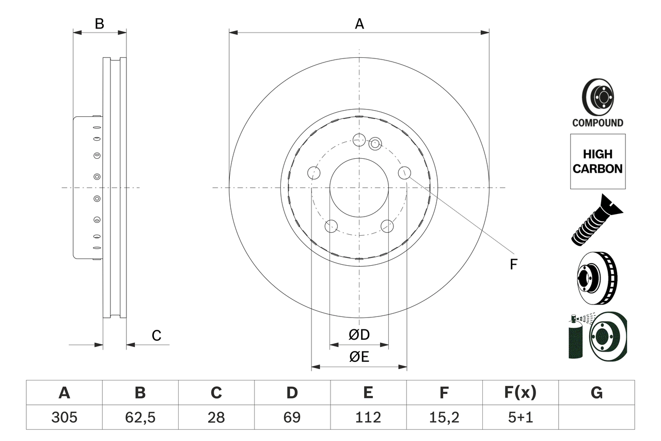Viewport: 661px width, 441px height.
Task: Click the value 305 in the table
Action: click(64, 417)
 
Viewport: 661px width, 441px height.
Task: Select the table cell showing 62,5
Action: click(140, 417)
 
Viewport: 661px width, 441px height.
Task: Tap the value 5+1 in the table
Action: click(521, 417)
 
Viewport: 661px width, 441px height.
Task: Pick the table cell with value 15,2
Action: click(444, 417)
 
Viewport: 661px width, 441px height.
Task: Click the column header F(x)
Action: click(521, 393)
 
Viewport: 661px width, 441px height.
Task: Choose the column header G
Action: click(596, 393)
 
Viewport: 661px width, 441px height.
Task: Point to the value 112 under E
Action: click(368, 417)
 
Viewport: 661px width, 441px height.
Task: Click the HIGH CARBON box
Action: click(597, 161)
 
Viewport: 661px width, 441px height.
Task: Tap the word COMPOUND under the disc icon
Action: click(597, 123)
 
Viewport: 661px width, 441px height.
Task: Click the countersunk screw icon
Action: click(597, 219)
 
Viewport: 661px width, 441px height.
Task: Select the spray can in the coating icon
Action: click(575, 339)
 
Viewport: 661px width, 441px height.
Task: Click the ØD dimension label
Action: click(359, 335)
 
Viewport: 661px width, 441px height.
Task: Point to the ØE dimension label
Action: click(359, 357)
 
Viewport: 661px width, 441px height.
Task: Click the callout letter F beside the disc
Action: click(513, 264)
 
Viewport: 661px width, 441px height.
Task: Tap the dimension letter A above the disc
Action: click(359, 24)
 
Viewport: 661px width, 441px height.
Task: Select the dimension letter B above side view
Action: click(100, 24)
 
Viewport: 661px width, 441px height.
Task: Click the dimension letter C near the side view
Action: click(156, 336)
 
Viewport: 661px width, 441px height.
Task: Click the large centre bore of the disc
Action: click(359, 187)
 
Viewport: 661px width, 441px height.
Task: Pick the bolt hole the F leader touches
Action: click(404, 173)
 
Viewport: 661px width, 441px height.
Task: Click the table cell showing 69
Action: click(292, 417)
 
